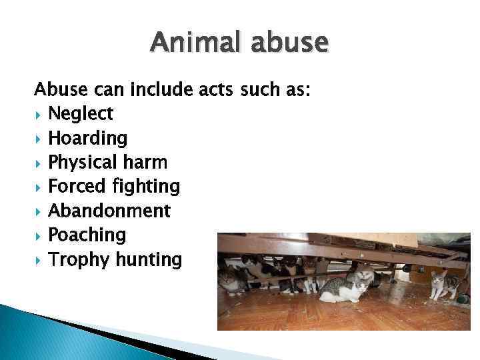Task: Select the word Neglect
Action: [x=81, y=114]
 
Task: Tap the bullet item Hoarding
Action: [x=87, y=139]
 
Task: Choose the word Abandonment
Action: [x=109, y=211]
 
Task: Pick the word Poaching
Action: [x=87, y=235]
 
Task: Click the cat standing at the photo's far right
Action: [x=441, y=285]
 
